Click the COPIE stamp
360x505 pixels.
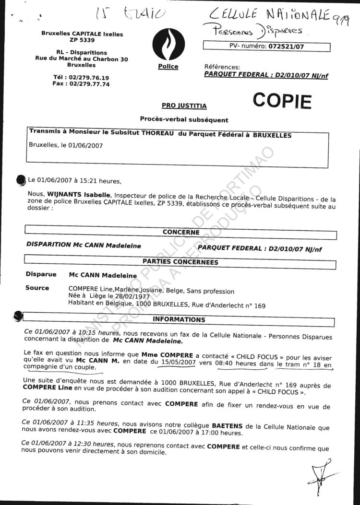point(282,101)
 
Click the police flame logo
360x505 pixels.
point(168,44)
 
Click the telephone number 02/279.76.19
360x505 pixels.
point(89,77)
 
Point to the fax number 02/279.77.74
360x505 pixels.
point(89,83)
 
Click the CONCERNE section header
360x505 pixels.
point(181,232)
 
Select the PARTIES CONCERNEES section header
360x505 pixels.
point(180,262)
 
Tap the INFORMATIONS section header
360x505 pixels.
point(179,319)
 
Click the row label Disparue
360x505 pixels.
point(40,275)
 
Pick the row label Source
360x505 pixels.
point(37,288)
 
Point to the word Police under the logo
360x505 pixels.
point(168,67)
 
